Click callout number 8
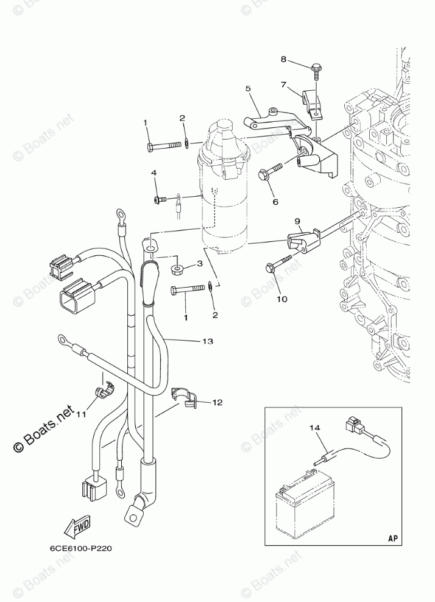283,59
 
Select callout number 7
283,84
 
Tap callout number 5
248,89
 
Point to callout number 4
154,174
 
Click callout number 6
275,201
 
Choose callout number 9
297,220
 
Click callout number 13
208,342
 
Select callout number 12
217,402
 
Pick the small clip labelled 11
104,391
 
